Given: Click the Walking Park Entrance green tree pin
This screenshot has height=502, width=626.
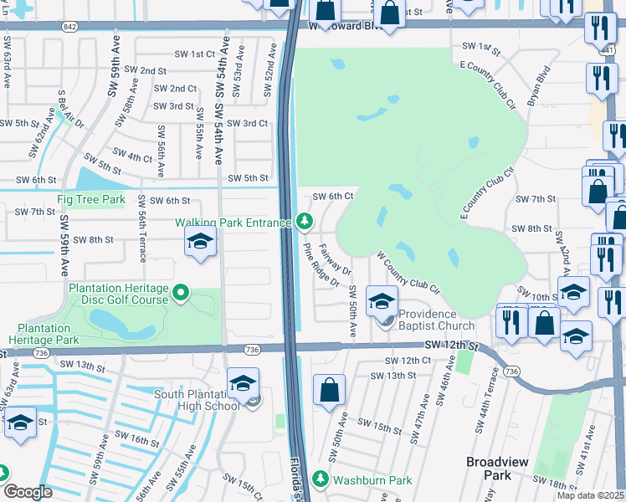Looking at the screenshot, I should click(305, 222).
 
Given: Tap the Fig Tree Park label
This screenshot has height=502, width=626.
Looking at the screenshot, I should click(90, 200).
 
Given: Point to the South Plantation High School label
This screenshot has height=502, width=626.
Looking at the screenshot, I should click(197, 400).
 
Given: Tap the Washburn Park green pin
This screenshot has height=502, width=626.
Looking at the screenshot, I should click(320, 480).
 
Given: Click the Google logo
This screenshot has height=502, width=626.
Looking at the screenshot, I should click(28, 492).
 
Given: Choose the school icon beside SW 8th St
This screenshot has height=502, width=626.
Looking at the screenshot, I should click(200, 243).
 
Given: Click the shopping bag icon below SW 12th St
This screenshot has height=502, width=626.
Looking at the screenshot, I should click(330, 389).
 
